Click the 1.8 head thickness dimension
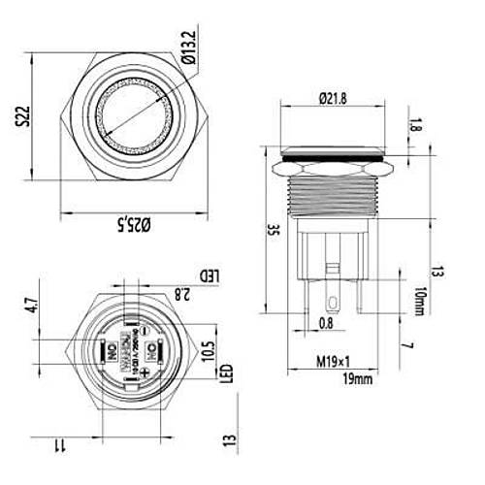(x=416, y=125)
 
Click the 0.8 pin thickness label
(x=326, y=324)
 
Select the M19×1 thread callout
(x=333, y=364)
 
